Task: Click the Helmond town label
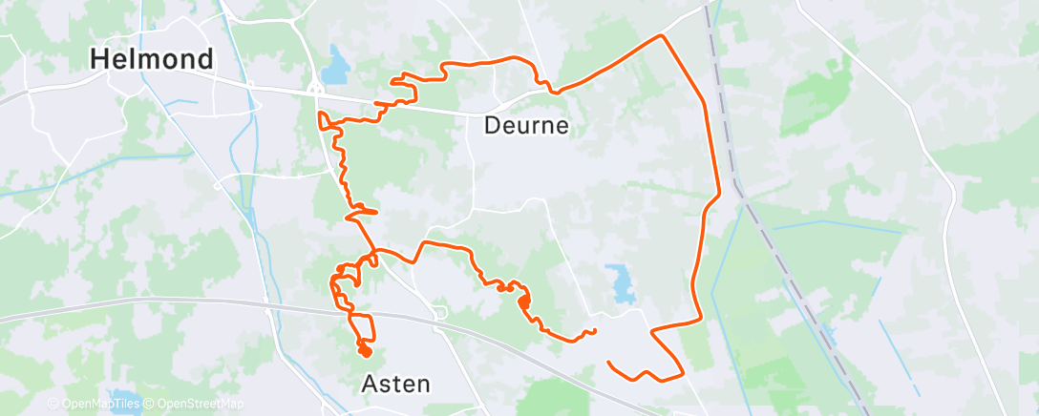click(x=152, y=59)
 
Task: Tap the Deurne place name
click(x=526, y=125)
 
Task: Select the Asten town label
click(x=396, y=384)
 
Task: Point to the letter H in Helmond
click(x=98, y=59)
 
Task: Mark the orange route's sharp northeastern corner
click(x=661, y=36)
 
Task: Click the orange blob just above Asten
click(x=364, y=351)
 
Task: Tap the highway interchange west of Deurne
click(x=314, y=88)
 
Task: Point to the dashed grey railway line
click(x=783, y=267)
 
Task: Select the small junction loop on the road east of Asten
click(x=440, y=312)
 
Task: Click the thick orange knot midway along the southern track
click(x=523, y=302)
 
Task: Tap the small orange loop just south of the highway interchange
click(x=325, y=119)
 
